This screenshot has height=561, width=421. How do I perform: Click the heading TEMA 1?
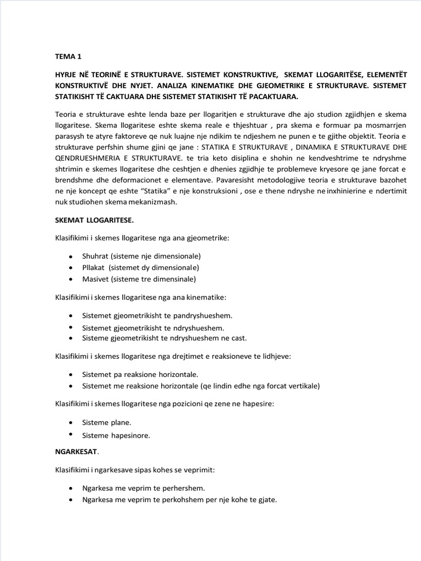[x=68, y=56]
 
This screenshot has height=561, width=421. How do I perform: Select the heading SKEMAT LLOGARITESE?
[x=94, y=220]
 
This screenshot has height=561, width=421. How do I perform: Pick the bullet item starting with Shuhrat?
[x=141, y=256]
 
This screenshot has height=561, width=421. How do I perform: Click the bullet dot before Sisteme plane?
[x=71, y=423]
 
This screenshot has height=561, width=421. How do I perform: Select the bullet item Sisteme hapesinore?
[x=116, y=436]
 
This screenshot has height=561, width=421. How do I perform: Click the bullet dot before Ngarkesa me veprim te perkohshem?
[x=71, y=500]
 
